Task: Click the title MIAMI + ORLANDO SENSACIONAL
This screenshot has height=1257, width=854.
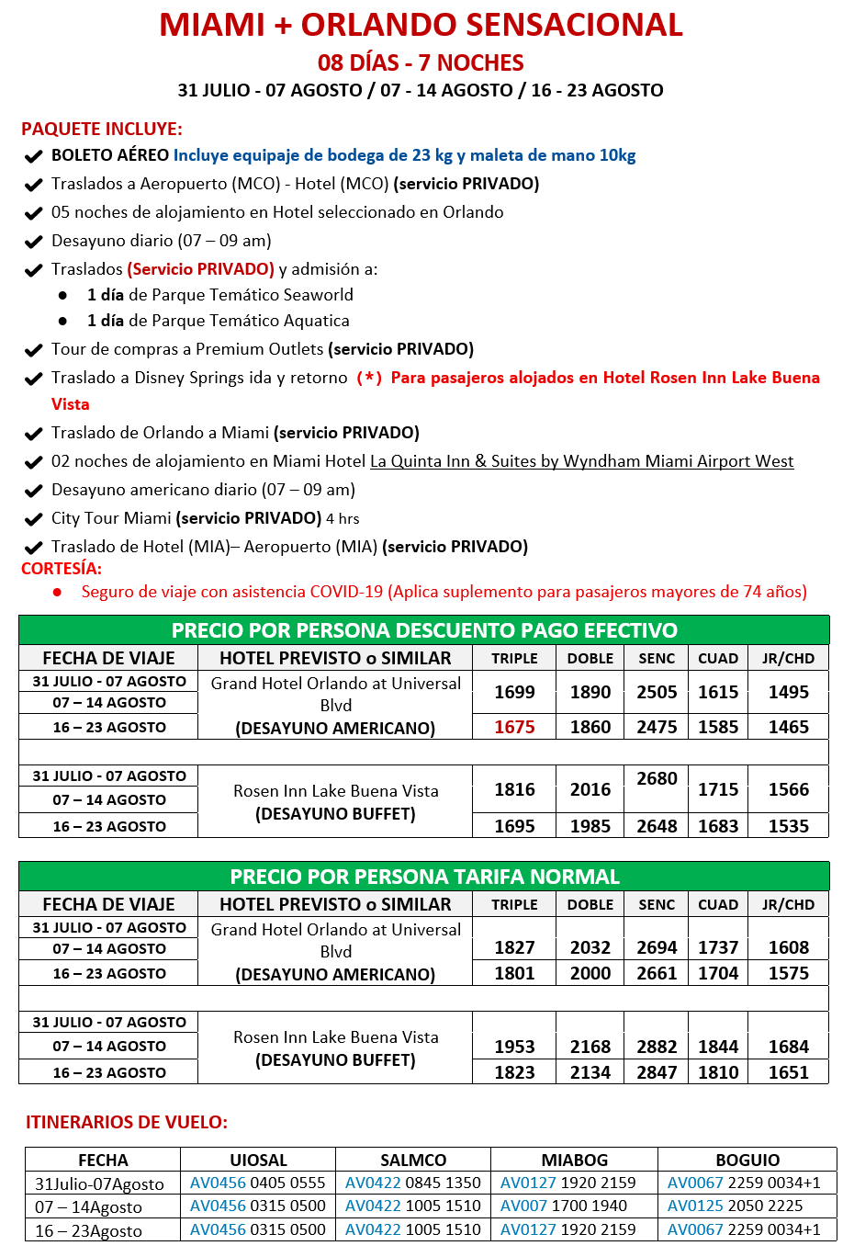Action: [x=421, y=25]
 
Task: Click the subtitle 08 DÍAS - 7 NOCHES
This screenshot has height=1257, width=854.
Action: [x=421, y=62]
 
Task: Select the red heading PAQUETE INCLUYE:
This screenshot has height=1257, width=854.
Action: [x=102, y=129]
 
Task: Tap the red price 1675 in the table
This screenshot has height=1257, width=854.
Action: [x=514, y=727]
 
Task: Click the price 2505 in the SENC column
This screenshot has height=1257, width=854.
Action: [x=657, y=692]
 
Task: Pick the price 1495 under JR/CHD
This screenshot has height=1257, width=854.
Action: [x=788, y=692]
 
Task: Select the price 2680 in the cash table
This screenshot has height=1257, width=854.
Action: [x=657, y=778]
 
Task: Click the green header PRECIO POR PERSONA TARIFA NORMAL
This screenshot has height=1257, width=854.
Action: [x=424, y=877]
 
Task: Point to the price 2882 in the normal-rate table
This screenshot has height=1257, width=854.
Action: [x=657, y=1047]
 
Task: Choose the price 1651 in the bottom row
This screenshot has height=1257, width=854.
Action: [x=788, y=1072]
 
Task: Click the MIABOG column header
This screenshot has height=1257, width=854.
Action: [x=574, y=1160]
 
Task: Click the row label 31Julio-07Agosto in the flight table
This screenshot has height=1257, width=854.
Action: [x=99, y=1183]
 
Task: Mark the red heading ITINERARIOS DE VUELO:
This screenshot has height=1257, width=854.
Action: [x=127, y=1122]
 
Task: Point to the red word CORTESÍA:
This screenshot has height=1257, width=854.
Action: [x=62, y=569]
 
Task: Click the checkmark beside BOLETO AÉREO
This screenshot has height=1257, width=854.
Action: [x=34, y=156]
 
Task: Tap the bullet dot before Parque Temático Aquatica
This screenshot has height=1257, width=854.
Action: [x=62, y=321]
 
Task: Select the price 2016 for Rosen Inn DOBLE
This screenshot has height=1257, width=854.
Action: [x=590, y=789]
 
